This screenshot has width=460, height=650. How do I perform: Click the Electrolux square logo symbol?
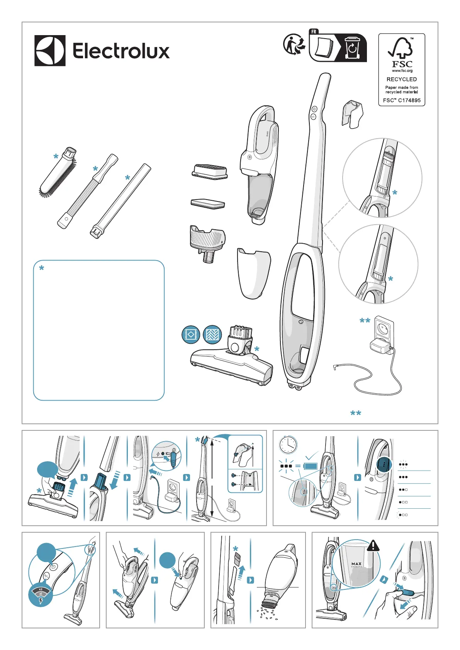(x=50, y=51)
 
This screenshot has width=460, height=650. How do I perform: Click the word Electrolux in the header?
(x=121, y=51)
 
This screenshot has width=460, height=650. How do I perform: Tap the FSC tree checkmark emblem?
(x=401, y=48)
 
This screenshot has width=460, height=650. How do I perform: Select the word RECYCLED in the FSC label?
(x=402, y=79)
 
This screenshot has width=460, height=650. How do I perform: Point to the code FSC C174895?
(x=402, y=100)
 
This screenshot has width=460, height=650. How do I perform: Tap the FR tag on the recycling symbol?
(x=314, y=32)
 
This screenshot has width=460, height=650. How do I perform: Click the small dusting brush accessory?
(x=58, y=172)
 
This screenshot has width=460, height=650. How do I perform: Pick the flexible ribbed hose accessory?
(x=88, y=191)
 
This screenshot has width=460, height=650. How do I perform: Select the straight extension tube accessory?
(x=121, y=201)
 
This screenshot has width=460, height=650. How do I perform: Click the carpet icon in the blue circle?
(x=191, y=335)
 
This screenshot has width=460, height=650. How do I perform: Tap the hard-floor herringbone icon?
(x=212, y=335)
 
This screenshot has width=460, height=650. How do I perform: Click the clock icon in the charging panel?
(x=288, y=445)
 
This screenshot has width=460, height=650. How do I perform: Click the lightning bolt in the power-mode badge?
(x=41, y=601)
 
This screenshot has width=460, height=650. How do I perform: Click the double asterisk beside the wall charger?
(x=365, y=321)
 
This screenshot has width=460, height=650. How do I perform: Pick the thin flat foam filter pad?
(x=208, y=203)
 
